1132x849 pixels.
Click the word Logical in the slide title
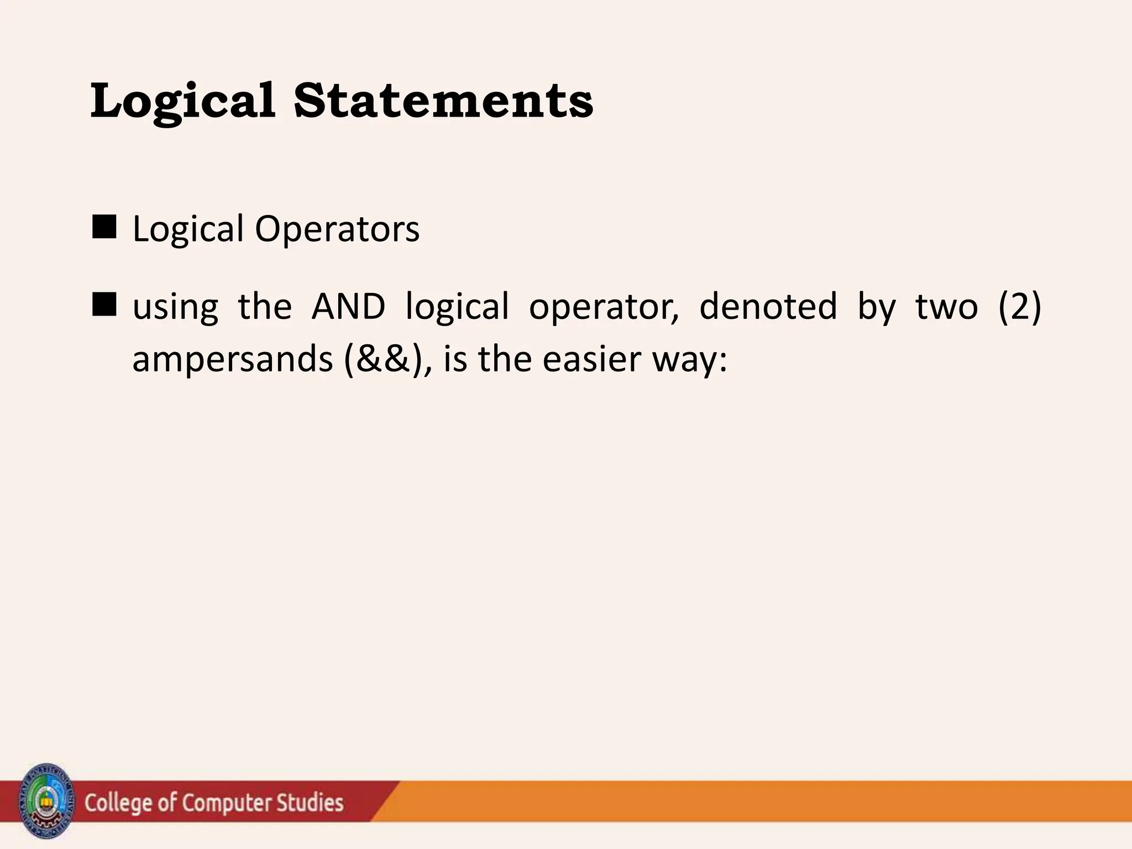(x=182, y=101)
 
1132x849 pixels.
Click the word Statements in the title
(x=443, y=101)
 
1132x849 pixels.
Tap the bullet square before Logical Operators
(x=104, y=227)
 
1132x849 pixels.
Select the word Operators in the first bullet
(x=337, y=229)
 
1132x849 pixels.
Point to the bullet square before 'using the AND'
(x=104, y=305)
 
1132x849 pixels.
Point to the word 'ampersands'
(x=232, y=360)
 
